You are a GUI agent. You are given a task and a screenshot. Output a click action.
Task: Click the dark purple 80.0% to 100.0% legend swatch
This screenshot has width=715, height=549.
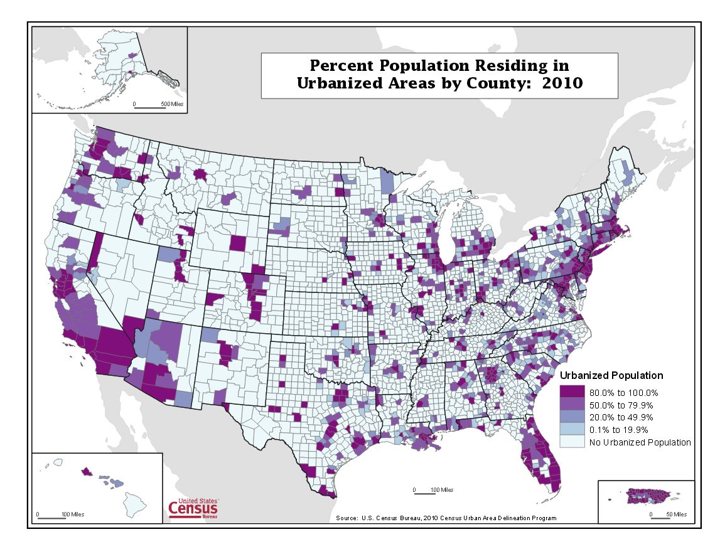point(571,393)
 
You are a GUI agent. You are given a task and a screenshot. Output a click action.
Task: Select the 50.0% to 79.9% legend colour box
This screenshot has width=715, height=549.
point(571,405)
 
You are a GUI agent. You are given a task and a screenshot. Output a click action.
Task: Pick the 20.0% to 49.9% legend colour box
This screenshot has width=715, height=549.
point(571,417)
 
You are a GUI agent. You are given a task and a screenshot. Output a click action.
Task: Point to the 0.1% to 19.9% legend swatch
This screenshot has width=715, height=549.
point(571,430)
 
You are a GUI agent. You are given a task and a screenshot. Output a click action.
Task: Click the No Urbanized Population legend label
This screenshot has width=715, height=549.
point(640,442)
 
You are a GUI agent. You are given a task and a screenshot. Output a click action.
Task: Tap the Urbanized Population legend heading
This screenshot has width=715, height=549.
point(611,376)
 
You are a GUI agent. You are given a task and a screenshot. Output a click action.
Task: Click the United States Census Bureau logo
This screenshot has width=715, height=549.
point(193,508)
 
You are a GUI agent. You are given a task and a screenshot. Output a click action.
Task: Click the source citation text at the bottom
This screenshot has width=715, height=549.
point(446,518)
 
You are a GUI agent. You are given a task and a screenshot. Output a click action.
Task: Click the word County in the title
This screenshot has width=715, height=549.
point(492,83)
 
